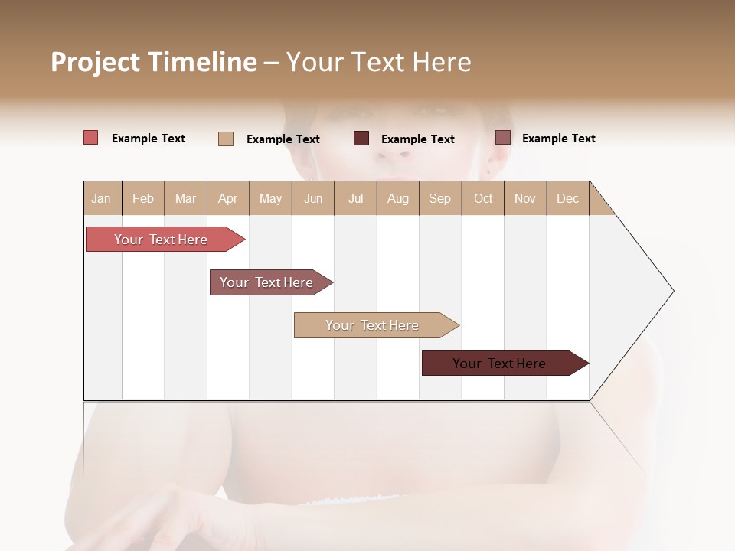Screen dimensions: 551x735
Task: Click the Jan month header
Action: (101, 198)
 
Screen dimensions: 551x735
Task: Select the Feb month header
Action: (143, 198)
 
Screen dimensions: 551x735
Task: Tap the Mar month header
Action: (185, 198)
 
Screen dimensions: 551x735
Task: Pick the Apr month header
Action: (227, 198)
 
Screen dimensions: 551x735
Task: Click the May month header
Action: (270, 198)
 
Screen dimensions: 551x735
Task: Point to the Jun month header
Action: (313, 198)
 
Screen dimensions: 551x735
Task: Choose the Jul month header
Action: (355, 198)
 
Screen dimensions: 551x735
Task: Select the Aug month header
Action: (397, 198)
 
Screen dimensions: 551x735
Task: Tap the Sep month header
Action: (439, 198)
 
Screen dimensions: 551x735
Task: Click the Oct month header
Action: (483, 198)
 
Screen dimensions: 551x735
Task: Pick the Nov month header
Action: (525, 198)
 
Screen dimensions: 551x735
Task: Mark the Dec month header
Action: (567, 198)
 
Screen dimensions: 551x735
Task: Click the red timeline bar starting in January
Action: (162, 240)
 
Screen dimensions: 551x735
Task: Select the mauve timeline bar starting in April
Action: (267, 282)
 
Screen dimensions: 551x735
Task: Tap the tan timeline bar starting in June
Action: (373, 325)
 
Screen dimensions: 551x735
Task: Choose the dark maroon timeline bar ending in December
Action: (500, 364)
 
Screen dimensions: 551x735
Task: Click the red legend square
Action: (91, 138)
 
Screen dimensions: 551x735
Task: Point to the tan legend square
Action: (226, 139)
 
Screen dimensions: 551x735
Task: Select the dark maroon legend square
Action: (361, 138)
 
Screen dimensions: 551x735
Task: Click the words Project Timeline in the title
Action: (154, 62)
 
